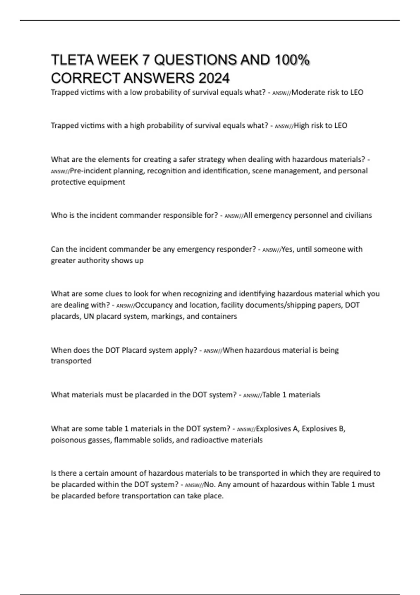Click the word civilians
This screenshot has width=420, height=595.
pos(358,215)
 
